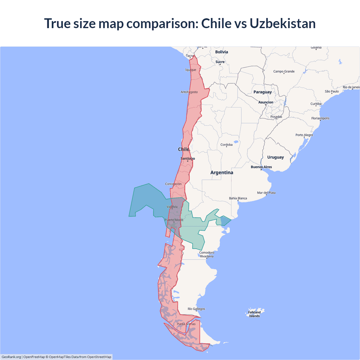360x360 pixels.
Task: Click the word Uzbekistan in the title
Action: coord(282,23)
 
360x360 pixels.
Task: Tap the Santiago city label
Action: coord(188,159)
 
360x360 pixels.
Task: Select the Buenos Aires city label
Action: coord(261,167)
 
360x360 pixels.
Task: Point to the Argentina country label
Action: coord(222,172)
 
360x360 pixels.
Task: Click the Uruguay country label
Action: coord(275,157)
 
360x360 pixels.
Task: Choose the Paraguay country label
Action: coord(262,92)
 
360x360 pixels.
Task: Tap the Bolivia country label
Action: coord(221,52)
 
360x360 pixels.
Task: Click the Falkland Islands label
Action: coord(254,314)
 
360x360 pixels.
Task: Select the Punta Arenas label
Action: coord(186,324)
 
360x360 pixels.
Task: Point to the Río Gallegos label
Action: coord(196,309)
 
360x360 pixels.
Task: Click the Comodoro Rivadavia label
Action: coord(207,255)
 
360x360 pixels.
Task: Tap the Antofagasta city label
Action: coord(189,92)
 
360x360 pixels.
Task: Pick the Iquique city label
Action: coord(191,70)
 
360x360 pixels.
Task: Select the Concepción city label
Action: coord(173,184)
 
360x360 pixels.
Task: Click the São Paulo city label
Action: coord(332,91)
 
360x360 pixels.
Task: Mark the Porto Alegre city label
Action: coord(304,135)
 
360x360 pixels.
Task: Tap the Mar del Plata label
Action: coord(266,193)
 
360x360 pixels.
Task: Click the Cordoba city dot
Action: coord(227,147)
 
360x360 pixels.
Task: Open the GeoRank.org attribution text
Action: coord(11,357)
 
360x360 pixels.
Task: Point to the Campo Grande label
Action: coord(284,71)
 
